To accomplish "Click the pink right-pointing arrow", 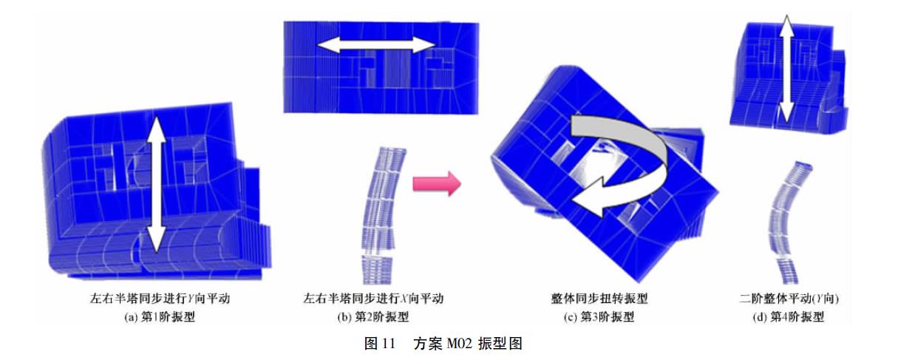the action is [437, 184].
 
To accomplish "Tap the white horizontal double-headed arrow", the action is [375, 45].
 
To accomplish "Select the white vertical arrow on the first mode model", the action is [155, 184].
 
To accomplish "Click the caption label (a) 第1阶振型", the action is [160, 317].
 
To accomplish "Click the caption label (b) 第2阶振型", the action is [373, 317].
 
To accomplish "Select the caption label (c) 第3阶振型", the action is [599, 317].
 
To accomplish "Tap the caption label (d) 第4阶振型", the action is [789, 317].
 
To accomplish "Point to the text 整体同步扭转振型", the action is [599, 299].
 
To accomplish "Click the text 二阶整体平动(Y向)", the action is [789, 299].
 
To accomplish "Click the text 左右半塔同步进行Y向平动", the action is [160, 299].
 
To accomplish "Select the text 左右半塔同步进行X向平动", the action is [373, 299].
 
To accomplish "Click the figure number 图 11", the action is [380, 344].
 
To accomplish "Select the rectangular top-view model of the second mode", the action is [381, 68].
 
